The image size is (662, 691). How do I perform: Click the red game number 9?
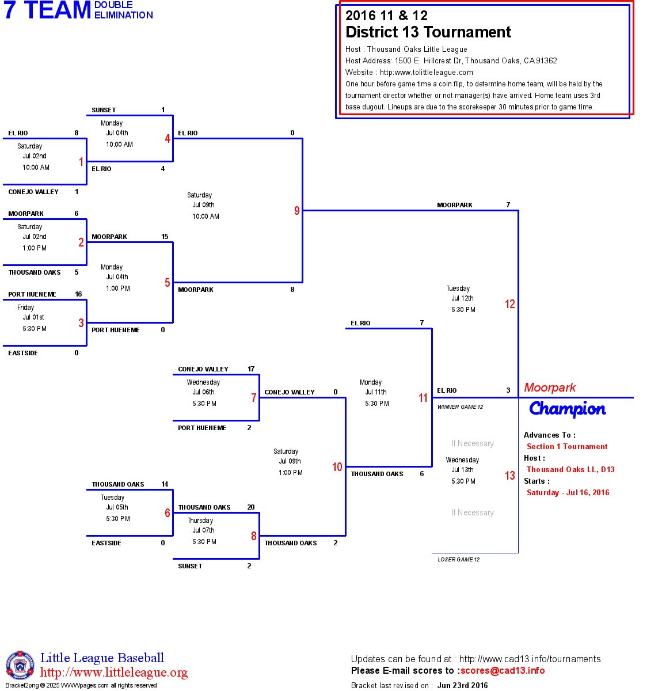[x=297, y=211]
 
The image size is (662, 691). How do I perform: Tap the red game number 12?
[x=510, y=304]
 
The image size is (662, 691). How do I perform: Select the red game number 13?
[x=510, y=476]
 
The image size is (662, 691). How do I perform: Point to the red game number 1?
[x=81, y=162]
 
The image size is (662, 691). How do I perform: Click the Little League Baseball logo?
[x=20, y=666]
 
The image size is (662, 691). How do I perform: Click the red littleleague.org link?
[x=114, y=673]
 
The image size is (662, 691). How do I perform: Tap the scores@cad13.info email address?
[x=503, y=670]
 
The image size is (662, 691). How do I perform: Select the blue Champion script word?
[x=567, y=409]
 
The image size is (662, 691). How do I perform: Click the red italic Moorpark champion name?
[x=550, y=388]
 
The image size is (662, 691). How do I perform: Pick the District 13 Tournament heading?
[x=428, y=32]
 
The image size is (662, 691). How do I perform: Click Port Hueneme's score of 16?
[x=78, y=294]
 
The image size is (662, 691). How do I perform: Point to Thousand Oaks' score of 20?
[x=251, y=507]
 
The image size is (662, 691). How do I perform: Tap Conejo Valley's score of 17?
[x=251, y=369]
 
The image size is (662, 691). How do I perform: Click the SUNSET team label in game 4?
[x=104, y=110]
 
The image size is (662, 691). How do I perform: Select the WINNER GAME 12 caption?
[x=460, y=407]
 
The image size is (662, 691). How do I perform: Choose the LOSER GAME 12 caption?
[x=458, y=560]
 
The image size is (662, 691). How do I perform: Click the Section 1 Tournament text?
[x=567, y=446]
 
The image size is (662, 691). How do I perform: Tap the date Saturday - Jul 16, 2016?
[x=568, y=492]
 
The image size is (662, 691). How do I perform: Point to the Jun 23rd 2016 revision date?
[x=462, y=685]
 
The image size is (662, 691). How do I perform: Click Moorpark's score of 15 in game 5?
[x=165, y=237]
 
